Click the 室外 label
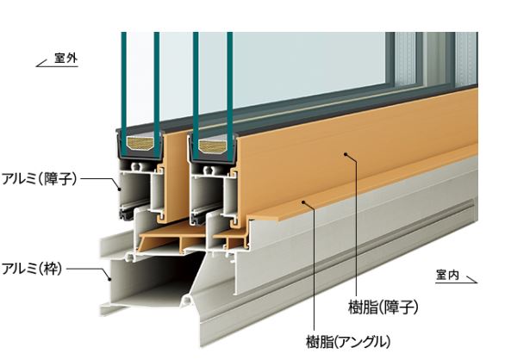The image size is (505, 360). pos(65,59)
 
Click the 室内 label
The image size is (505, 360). pos(447,275)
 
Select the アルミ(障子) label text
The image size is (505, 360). pos(40,178)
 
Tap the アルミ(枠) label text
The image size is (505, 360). pos(32,268)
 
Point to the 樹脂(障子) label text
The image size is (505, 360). pos(383,307)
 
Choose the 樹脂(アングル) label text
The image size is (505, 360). pos(348,341)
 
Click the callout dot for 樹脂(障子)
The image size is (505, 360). pos(346,154)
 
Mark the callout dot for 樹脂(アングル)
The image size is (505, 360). pos(303,202)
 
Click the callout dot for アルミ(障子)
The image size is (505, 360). pos(120,189)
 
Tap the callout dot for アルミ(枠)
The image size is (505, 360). pos(109,279)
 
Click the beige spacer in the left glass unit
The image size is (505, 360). pos(140,144)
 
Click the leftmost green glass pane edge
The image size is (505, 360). pos(124,95)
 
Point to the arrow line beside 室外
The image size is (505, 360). pos(57,65)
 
